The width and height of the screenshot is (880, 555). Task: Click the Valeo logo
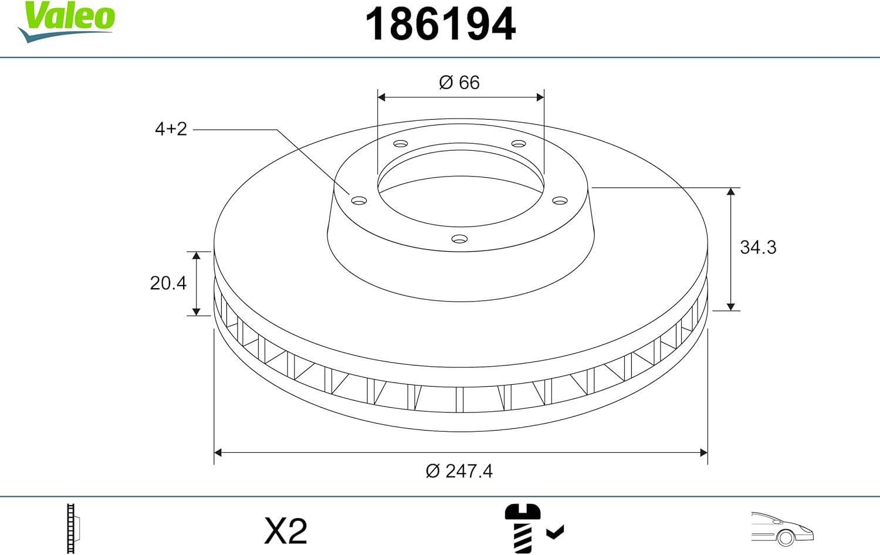coord(66,21)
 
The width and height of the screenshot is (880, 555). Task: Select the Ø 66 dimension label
coord(459,83)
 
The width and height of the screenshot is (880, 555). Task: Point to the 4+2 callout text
coord(171,129)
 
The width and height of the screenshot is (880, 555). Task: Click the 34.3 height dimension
coord(758,248)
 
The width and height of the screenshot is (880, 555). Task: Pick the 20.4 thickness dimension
coord(168,283)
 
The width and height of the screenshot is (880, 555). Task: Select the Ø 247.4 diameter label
coord(459,471)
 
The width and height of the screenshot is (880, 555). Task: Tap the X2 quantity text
coord(286,531)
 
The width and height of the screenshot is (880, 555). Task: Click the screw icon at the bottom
coord(523,528)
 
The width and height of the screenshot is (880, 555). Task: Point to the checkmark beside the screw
coord(555,532)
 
